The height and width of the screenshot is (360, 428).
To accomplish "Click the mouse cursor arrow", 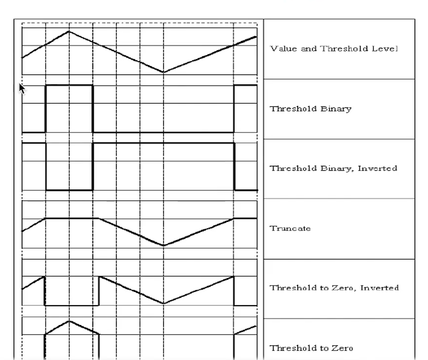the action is [x=22, y=89].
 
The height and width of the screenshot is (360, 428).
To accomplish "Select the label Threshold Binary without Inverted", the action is [x=311, y=109].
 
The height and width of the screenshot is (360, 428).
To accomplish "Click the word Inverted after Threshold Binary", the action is [x=378, y=168].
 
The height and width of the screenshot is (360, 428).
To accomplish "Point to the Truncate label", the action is [x=290, y=228].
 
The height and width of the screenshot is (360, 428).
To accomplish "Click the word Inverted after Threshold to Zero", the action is [x=380, y=288].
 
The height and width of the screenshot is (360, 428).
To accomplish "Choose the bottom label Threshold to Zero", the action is [x=311, y=348].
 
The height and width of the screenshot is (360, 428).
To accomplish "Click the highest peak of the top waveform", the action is [x=69, y=32].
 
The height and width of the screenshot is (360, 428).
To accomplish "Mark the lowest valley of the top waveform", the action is [x=163, y=72].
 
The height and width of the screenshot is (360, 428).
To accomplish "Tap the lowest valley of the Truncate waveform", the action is [x=163, y=246].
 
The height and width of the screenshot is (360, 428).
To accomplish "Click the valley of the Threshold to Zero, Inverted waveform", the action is [x=163, y=303].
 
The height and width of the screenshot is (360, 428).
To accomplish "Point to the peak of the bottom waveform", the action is [x=69, y=321].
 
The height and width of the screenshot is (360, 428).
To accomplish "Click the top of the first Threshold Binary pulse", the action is [x=69, y=85].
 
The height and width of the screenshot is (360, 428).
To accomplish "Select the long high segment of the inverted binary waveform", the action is [x=163, y=143].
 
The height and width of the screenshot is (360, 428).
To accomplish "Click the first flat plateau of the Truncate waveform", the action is [x=72, y=218].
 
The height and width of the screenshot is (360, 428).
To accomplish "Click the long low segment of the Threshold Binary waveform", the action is [x=163, y=132].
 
